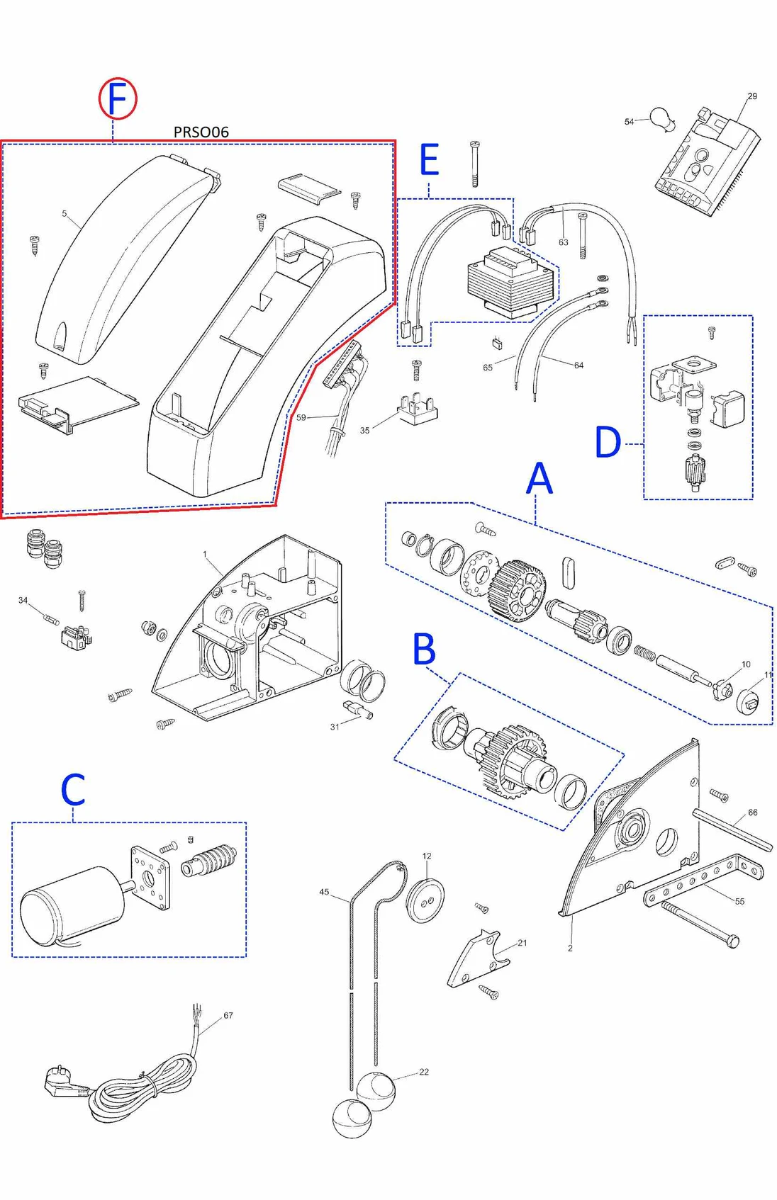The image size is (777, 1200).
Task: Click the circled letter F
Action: [x=117, y=98]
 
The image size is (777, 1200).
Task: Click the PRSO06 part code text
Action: [x=201, y=132]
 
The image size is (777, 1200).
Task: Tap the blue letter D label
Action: [x=608, y=443]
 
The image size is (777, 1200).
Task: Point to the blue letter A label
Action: [x=539, y=479]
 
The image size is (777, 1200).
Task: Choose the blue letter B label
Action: [x=424, y=649]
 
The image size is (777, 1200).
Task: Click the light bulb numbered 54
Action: [x=662, y=118]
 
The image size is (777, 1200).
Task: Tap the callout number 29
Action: [x=752, y=96]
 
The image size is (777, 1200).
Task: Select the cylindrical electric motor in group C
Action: [x=71, y=905]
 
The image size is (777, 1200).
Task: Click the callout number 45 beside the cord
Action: [x=324, y=892]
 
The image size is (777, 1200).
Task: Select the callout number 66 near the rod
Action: [x=752, y=813]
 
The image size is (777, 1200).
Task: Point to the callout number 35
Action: [x=364, y=430]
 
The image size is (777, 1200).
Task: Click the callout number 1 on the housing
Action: [x=205, y=555]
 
